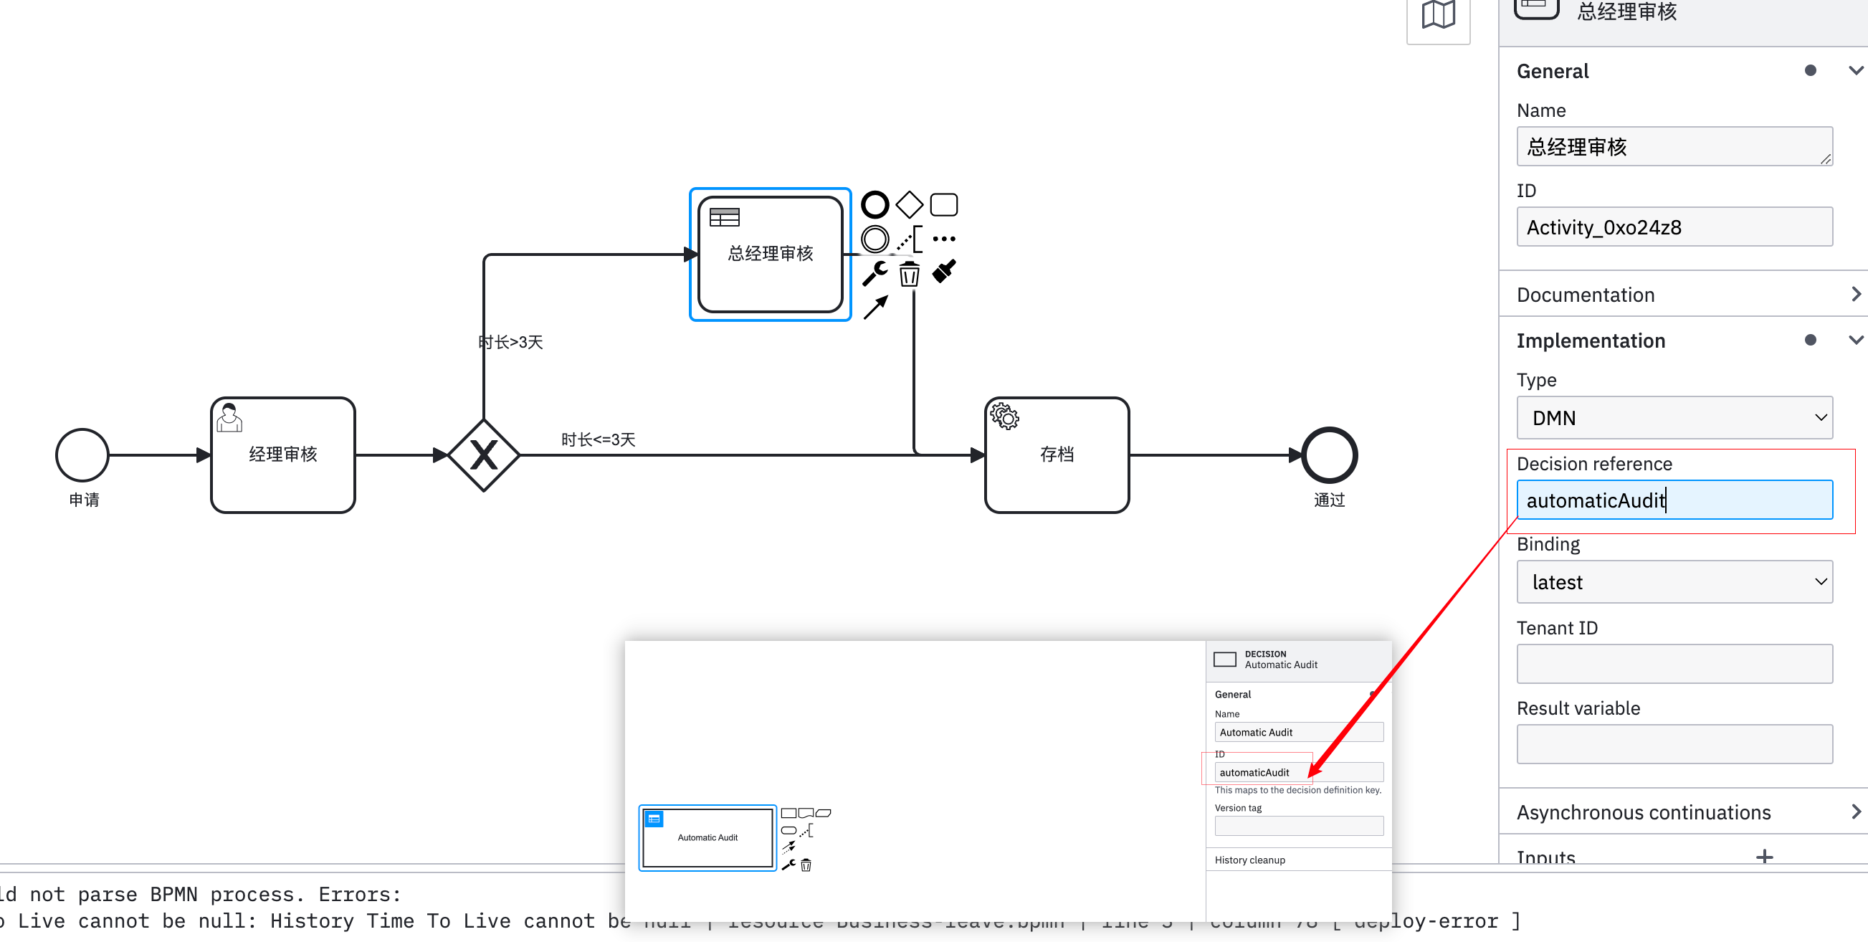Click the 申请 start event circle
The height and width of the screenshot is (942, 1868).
tap(82, 455)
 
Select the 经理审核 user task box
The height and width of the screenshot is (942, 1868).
tap(283, 455)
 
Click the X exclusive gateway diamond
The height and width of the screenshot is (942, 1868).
tap(484, 455)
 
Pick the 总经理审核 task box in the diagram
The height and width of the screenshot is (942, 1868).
tap(770, 254)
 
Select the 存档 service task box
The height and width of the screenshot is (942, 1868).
tap(1057, 455)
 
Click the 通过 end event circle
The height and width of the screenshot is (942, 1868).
tap(1329, 455)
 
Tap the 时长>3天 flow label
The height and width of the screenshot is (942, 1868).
tap(511, 342)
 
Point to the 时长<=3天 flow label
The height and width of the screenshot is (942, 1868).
tap(599, 439)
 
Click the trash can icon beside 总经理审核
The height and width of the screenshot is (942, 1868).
tap(910, 274)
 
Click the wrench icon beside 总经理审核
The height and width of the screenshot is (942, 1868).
tap(875, 273)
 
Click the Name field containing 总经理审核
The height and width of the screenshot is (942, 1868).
tap(1674, 147)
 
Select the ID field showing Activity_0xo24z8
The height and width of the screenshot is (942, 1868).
tap(1674, 227)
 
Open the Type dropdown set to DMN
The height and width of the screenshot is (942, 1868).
tap(1674, 418)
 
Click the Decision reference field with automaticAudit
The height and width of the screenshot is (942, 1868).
tap(1674, 500)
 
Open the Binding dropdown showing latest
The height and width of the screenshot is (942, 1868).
tap(1674, 582)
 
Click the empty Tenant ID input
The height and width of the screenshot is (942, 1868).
tap(1674, 665)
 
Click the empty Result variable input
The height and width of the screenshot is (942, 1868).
tap(1674, 744)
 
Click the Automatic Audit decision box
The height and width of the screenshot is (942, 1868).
tap(707, 837)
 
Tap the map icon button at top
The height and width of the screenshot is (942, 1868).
tap(1438, 16)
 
